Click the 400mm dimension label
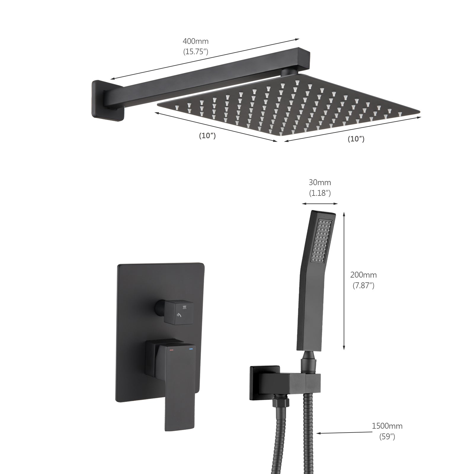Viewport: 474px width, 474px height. point(195,41)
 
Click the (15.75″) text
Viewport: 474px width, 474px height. point(195,52)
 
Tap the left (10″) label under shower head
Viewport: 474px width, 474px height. point(207,136)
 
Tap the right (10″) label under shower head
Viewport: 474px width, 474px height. point(356,139)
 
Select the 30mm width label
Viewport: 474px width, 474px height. point(320,182)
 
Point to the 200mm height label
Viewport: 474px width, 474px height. point(363,275)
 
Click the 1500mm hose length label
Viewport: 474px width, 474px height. point(387,426)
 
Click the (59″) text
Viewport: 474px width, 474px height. point(387,436)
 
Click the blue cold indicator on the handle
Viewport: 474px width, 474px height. point(190,350)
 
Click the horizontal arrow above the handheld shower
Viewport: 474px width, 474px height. point(320,204)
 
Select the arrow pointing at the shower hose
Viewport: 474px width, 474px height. point(344,433)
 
